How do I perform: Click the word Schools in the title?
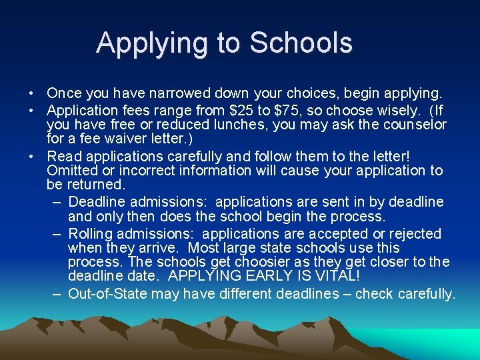pyautogui.click(x=301, y=43)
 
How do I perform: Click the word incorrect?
pyautogui.click(x=125, y=171)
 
